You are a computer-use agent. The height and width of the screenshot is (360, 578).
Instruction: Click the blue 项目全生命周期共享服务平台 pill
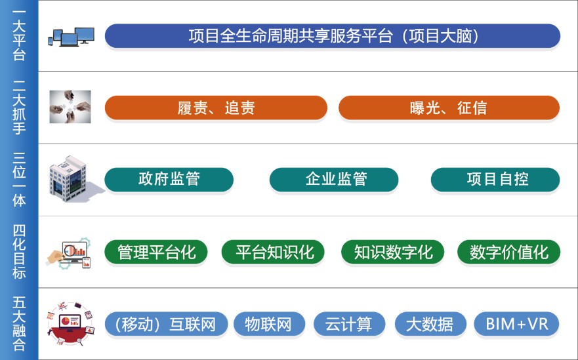tap(333, 36)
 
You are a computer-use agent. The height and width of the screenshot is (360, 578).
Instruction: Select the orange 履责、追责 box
tap(216, 108)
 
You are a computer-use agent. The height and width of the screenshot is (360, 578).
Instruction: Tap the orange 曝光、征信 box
tap(449, 108)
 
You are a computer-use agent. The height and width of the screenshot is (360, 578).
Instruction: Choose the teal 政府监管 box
tap(169, 180)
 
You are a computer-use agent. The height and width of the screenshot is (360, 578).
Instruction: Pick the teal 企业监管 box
tap(334, 180)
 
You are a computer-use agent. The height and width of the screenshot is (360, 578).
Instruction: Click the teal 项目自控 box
tap(495, 180)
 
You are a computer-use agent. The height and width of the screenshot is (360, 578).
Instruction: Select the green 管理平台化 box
tap(156, 252)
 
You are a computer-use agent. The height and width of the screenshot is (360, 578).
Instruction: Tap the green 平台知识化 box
tap(273, 252)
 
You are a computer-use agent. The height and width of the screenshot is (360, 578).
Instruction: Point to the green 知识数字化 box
tap(392, 252)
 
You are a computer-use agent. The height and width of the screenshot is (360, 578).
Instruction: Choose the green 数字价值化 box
tap(508, 252)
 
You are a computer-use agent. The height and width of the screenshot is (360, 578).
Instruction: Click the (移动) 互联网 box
tap(166, 324)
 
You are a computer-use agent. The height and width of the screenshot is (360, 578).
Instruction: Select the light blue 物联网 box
tap(270, 324)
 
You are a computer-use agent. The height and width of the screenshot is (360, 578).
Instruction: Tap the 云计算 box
tap(350, 324)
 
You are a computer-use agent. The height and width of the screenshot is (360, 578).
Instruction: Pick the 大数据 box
tap(430, 324)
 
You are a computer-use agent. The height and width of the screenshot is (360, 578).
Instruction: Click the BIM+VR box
tap(517, 324)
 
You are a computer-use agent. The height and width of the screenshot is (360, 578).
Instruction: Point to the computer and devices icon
tap(71, 37)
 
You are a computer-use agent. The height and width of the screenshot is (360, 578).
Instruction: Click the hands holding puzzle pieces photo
tap(70, 107)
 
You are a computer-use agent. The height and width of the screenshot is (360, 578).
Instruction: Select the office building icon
tap(73, 179)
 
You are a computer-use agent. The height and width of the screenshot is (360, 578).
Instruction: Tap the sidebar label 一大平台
tap(19, 35)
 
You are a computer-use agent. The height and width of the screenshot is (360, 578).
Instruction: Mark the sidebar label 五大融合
tap(19, 323)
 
